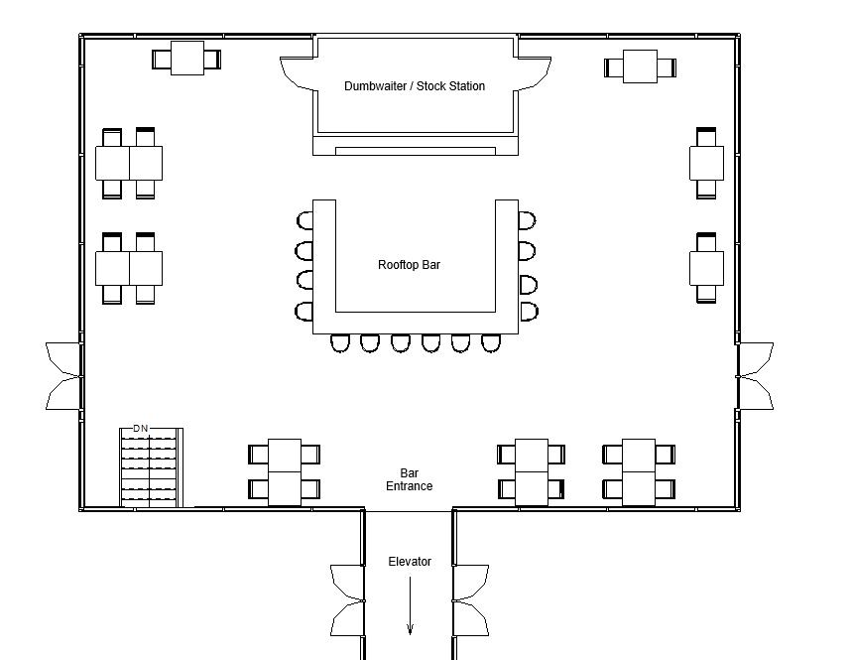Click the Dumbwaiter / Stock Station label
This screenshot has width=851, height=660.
click(x=415, y=86)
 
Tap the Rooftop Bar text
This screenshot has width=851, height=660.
click(x=409, y=265)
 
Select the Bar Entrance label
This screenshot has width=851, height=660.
click(x=409, y=479)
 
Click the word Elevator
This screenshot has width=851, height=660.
click(x=410, y=562)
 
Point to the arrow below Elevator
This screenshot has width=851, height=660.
click(x=410, y=605)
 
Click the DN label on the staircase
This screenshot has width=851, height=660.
click(x=141, y=429)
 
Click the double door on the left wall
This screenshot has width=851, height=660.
click(x=63, y=376)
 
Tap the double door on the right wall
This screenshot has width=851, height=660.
click(x=755, y=376)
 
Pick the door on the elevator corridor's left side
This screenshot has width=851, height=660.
click(x=347, y=600)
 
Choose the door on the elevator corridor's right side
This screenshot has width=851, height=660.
click(x=471, y=600)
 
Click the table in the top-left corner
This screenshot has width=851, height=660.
click(x=186, y=59)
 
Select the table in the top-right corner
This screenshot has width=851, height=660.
click(x=641, y=67)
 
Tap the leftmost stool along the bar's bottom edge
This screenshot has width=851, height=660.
click(x=340, y=343)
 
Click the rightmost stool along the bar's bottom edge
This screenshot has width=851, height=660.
click(x=491, y=343)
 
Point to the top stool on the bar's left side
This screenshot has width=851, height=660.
click(x=304, y=220)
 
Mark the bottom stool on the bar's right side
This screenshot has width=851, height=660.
click(x=528, y=312)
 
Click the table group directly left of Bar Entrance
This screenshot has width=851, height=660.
click(x=285, y=471)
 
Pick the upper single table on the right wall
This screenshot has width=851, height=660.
click(x=706, y=163)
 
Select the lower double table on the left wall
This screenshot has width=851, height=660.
click(x=129, y=268)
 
